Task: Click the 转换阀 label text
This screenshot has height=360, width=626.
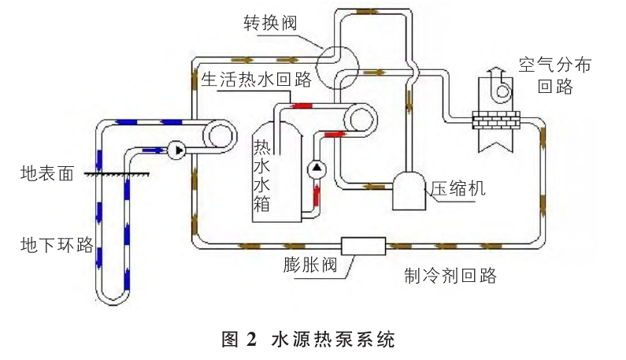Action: (x=269, y=21)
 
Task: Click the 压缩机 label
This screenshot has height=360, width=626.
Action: (x=457, y=189)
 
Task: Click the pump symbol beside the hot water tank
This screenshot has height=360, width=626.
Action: (x=317, y=167)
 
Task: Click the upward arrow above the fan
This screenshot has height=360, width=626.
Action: (x=494, y=73)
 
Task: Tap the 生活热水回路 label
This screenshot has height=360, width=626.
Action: (x=256, y=80)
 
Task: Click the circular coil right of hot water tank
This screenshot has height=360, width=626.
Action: (x=361, y=120)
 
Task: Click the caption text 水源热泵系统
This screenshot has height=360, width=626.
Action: (x=331, y=340)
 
